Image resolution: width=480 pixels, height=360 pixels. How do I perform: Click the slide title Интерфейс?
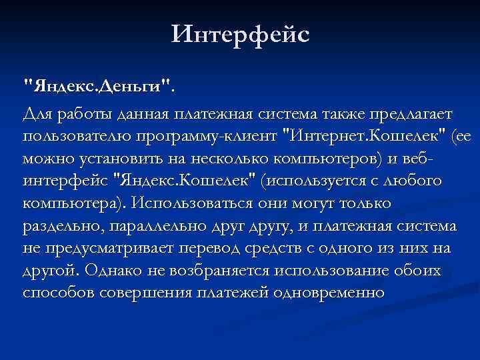pos(240,33)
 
